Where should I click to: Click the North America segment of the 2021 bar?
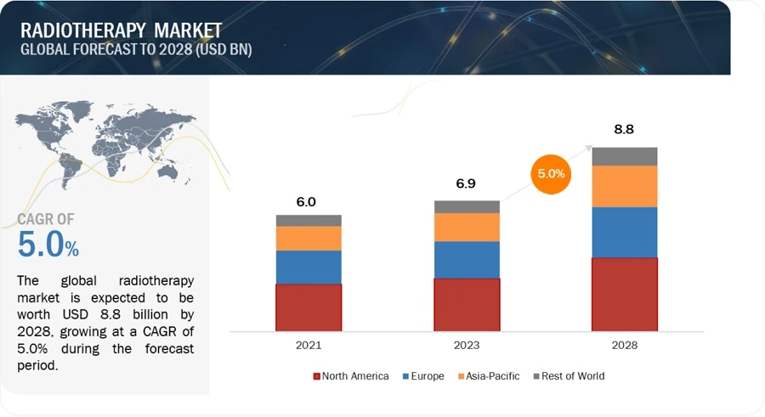point(309,307)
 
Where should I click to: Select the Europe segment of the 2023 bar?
point(467,259)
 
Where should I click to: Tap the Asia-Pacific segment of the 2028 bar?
point(625,186)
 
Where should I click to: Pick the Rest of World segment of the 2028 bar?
point(625,156)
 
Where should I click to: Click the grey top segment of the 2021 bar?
point(309,221)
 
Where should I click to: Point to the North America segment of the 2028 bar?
point(625,294)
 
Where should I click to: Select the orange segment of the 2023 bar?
point(467,227)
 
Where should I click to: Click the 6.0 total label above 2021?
point(306,202)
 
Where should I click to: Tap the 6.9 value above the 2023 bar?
point(467,183)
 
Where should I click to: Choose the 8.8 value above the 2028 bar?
point(625,130)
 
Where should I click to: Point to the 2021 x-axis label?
point(309,346)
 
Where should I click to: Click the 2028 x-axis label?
point(625,346)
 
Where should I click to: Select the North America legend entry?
point(351,375)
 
